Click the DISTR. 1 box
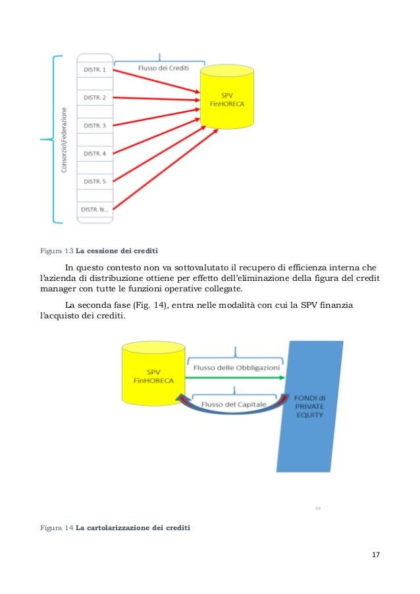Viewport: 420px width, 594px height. pos(95,68)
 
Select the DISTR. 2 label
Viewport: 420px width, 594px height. pos(95,97)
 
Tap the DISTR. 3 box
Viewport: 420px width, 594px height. pos(95,125)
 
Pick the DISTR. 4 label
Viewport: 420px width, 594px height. pos(95,153)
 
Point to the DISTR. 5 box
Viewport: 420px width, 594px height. pos(95,182)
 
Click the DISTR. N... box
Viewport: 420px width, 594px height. pos(95,210)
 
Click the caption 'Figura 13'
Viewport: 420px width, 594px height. pos(56,251)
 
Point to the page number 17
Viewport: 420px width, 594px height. pos(376,557)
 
